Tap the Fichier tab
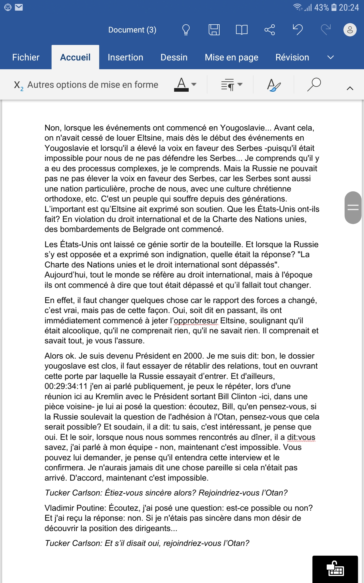click(26, 57)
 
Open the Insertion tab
click(125, 57)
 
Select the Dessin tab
click(174, 57)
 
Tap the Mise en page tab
click(231, 57)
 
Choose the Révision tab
click(292, 57)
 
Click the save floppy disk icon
click(214, 30)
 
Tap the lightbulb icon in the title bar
click(186, 30)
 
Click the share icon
click(269, 30)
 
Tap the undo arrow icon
click(298, 30)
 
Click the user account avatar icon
click(350, 30)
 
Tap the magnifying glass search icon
click(314, 84)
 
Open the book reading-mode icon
click(241, 30)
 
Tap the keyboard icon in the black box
click(335, 569)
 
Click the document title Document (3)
click(132, 30)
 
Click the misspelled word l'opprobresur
click(196, 321)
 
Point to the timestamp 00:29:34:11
click(66, 386)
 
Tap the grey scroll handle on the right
click(353, 208)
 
